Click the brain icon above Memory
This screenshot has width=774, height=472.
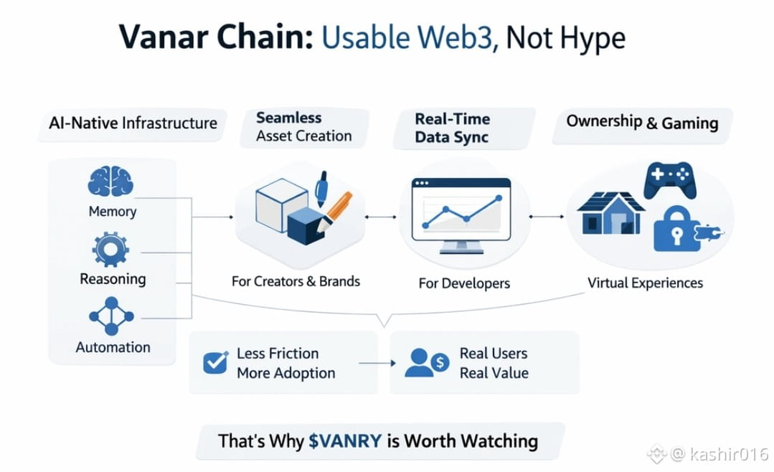(x=110, y=182)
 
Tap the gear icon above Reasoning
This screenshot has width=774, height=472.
(x=111, y=250)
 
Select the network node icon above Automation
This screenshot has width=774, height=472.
(x=111, y=316)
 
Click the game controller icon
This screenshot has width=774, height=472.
(x=669, y=179)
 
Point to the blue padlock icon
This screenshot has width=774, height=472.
(x=676, y=230)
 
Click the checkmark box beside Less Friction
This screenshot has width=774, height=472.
(x=215, y=363)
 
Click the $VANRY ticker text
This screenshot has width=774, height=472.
(x=346, y=440)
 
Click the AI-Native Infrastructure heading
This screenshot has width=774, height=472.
(x=133, y=123)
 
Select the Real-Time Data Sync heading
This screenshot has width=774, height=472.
(x=452, y=128)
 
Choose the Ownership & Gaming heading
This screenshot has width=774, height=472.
(x=642, y=122)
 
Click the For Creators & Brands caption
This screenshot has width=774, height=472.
(x=296, y=281)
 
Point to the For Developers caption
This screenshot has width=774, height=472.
(x=464, y=283)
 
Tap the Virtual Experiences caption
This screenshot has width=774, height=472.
(x=645, y=283)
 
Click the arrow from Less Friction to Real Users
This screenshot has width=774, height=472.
(x=377, y=364)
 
